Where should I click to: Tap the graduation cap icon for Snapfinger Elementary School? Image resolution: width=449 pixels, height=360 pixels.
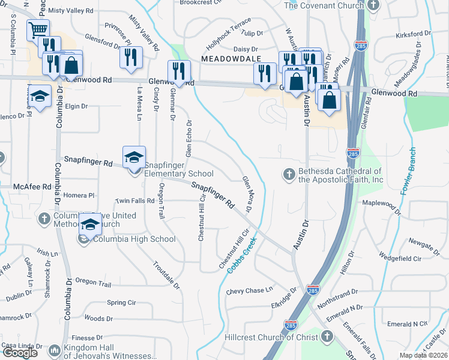pyautogui.click(x=134, y=157)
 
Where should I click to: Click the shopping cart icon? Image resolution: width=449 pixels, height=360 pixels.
pyautogui.click(x=38, y=29)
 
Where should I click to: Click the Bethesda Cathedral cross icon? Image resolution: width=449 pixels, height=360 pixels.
pyautogui.click(x=289, y=175)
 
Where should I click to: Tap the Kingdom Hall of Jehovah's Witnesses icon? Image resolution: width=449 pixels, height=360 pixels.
pyautogui.click(x=55, y=350)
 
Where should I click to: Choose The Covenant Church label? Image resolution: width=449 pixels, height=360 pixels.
pyautogui.click(x=324, y=5)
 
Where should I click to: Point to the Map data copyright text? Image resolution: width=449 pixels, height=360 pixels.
pyautogui.click(x=424, y=355)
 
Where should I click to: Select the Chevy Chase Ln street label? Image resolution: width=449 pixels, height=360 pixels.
pyautogui.click(x=249, y=291)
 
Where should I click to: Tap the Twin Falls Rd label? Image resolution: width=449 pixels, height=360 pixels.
pyautogui.click(x=135, y=200)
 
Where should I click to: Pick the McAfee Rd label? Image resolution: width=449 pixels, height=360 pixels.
pyautogui.click(x=34, y=187)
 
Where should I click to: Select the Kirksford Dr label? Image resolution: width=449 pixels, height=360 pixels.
pyautogui.click(x=414, y=34)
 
